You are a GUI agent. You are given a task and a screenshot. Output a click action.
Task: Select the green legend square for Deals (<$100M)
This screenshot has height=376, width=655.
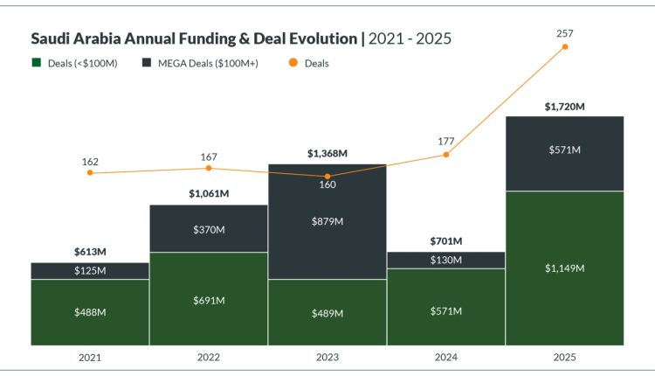[x=37, y=63]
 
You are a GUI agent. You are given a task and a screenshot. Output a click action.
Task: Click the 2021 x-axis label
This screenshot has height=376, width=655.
[x=90, y=357]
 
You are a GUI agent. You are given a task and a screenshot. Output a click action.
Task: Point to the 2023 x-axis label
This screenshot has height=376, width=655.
[x=327, y=357]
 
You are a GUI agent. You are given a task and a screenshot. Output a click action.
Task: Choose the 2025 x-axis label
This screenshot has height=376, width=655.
[x=564, y=357]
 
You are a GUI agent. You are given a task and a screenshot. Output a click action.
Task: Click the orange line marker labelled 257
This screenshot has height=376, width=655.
[x=565, y=46]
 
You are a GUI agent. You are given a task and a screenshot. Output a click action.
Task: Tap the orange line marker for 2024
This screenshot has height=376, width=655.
[x=446, y=154]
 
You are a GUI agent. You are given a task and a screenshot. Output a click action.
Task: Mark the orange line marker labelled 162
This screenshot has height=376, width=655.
[x=90, y=173]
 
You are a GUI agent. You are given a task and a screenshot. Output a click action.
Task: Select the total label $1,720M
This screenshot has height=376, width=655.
[x=564, y=107]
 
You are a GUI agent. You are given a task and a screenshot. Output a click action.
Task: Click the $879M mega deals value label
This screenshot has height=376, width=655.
[x=327, y=221]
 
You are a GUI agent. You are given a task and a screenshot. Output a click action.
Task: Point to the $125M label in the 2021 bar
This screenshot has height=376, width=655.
[x=90, y=271]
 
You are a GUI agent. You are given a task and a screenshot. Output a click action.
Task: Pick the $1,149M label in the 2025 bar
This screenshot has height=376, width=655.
[x=564, y=268]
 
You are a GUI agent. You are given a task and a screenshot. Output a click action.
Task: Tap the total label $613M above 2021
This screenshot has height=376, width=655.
[x=90, y=252]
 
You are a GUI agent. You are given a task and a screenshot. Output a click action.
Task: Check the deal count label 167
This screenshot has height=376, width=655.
[x=209, y=157]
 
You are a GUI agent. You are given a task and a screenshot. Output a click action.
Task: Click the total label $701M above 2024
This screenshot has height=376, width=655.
[x=446, y=241]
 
